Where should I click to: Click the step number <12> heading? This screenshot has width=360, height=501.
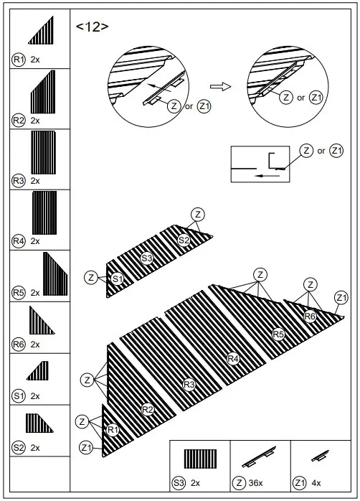tap(92, 27)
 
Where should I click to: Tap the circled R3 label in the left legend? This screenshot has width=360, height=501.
tap(19, 181)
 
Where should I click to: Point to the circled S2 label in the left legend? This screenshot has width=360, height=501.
tap(19, 447)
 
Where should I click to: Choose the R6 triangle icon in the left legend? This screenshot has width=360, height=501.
tap(41, 321)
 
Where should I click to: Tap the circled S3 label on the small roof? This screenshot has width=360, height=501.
tap(146, 258)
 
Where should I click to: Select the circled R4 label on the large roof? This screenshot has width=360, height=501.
tap(232, 358)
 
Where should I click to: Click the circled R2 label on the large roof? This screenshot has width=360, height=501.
tap(148, 409)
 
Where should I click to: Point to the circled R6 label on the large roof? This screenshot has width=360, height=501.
tap(310, 316)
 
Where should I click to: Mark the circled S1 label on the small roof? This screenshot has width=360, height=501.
tap(117, 278)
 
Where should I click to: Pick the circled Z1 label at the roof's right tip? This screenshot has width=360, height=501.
tap(341, 298)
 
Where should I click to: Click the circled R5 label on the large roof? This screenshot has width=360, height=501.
tap(278, 333)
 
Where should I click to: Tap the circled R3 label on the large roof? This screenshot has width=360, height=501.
tap(189, 385)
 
